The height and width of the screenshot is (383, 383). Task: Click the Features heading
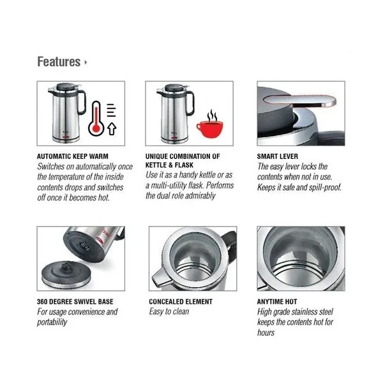(x=59, y=61)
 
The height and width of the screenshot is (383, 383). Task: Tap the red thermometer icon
(x=96, y=119)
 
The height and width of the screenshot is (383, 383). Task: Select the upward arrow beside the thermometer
(x=112, y=129)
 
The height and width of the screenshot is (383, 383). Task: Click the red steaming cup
(x=209, y=124)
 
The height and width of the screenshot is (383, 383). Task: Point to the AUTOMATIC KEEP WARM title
(x=73, y=156)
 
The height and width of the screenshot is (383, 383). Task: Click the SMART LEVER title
(x=278, y=156)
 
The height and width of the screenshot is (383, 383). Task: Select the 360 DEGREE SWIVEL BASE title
(x=75, y=302)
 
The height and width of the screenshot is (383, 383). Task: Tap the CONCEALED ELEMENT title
(x=181, y=302)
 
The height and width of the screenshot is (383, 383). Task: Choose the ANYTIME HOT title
(x=277, y=302)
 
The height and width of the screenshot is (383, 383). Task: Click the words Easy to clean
(x=169, y=312)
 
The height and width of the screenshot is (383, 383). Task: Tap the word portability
(x=52, y=322)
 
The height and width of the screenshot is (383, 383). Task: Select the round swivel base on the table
(x=66, y=275)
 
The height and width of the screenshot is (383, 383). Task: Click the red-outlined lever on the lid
(x=300, y=101)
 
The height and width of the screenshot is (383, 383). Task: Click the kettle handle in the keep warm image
(x=82, y=101)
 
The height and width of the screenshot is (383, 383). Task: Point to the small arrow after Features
(x=86, y=63)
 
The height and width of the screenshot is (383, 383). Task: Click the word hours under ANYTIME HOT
(x=266, y=333)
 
